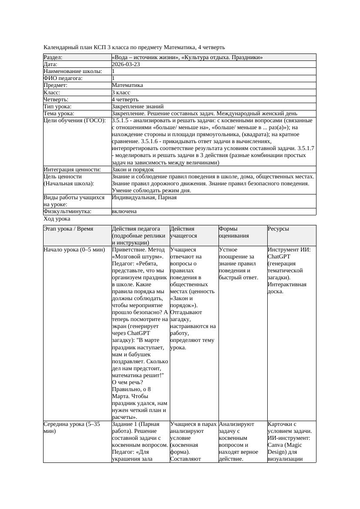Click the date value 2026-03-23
(126, 64)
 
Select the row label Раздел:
(53, 57)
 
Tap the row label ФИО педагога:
(63, 78)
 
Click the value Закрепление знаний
(138, 106)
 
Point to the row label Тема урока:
(59, 114)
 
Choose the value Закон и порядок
(133, 169)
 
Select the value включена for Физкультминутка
(124, 211)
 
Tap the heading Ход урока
(57, 219)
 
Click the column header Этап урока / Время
(68, 229)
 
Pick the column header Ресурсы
(279, 229)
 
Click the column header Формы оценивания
(233, 232)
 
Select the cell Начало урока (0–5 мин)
(74, 250)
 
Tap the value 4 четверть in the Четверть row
(124, 99)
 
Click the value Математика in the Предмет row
(127, 85)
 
